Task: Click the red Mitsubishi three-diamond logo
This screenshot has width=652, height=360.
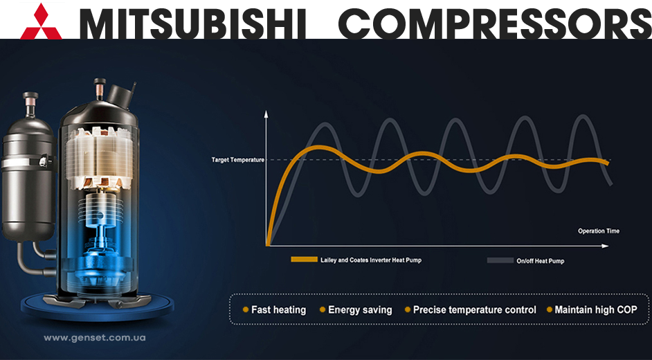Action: (41, 21)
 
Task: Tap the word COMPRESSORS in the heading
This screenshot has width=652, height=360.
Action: (495, 24)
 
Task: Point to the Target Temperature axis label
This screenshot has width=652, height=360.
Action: (238, 160)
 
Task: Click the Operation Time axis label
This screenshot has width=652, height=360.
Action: (599, 231)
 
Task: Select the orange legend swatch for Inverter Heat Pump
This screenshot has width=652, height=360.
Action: (304, 260)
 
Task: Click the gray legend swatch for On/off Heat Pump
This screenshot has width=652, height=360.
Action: (500, 260)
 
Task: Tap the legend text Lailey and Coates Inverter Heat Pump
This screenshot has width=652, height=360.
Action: (371, 260)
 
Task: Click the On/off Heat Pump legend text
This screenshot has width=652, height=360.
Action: (540, 261)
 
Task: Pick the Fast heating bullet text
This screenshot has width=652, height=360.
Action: (279, 309)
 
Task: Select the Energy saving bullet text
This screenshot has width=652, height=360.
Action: (360, 309)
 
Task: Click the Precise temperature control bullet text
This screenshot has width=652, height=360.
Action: (474, 309)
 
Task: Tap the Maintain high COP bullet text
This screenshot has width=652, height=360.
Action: (596, 309)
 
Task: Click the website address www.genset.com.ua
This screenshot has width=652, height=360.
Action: (94, 338)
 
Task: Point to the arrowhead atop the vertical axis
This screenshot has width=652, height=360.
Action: (266, 114)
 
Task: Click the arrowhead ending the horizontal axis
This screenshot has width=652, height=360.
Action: (605, 246)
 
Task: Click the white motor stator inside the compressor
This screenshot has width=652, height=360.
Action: (99, 158)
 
